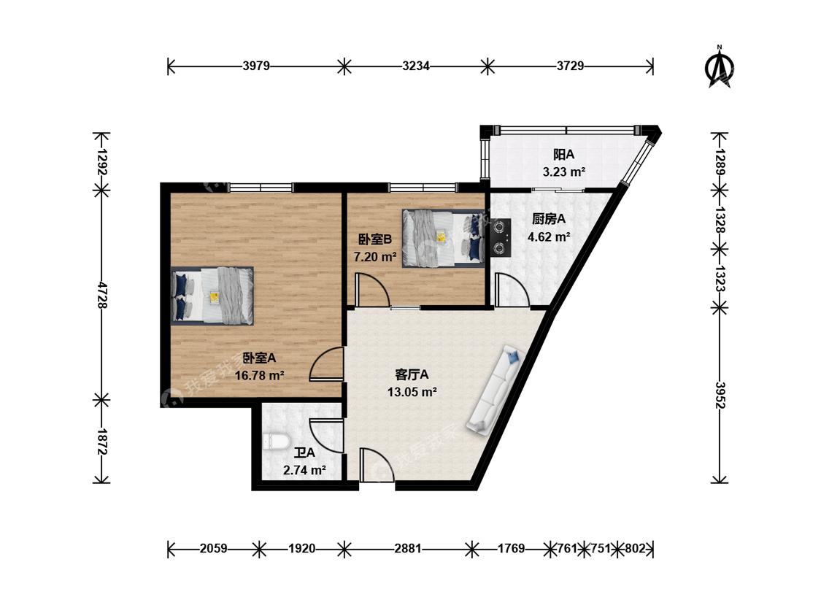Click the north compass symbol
coord(719,67)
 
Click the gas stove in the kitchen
coord(501,236)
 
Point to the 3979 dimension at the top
coord(256,66)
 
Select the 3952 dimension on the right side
coord(720,395)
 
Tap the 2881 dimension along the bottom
coord(408,548)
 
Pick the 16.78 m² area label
coord(259,375)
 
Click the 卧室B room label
coord(375,239)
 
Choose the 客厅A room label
coord(412,374)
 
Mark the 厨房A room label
coord(549,219)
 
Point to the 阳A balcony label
coord(564,155)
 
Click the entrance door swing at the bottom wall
coord(377,465)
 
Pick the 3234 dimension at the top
coord(416,66)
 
